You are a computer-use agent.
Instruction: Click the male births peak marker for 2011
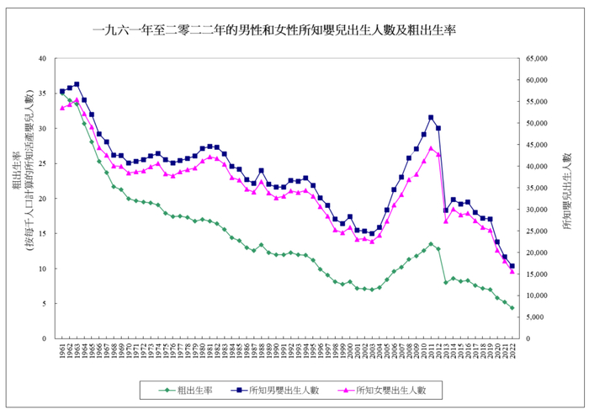pyautogui.click(x=431, y=117)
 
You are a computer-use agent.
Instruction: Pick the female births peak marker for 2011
pyautogui.click(x=431, y=148)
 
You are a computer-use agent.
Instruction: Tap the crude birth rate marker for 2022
pyautogui.click(x=512, y=308)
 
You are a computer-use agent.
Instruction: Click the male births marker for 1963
pyautogui.click(x=77, y=84)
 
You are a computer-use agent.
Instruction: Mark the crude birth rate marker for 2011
pyautogui.click(x=431, y=244)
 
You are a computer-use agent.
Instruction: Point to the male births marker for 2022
pyautogui.click(x=512, y=266)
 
